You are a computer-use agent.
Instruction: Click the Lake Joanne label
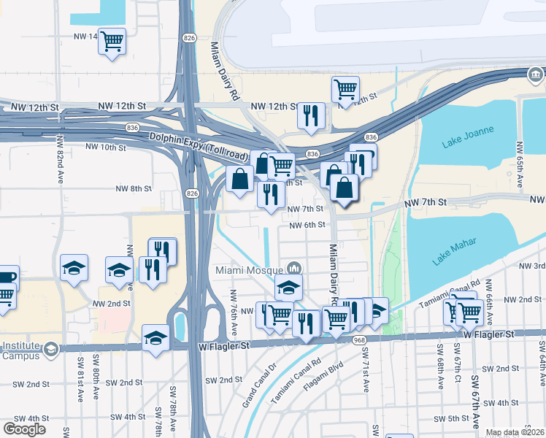pos(467,137)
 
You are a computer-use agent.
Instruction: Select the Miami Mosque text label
pos(250,270)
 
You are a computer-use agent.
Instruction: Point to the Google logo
pos(24,429)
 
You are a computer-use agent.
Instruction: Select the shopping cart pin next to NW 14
pos(112,42)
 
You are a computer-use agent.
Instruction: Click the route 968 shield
pos(358,340)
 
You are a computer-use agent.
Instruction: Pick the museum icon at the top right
pos(537,74)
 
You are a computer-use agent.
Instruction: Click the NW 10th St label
pos(106,147)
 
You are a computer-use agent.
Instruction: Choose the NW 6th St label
pos(306,225)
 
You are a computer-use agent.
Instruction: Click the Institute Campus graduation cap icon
pos(50,349)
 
